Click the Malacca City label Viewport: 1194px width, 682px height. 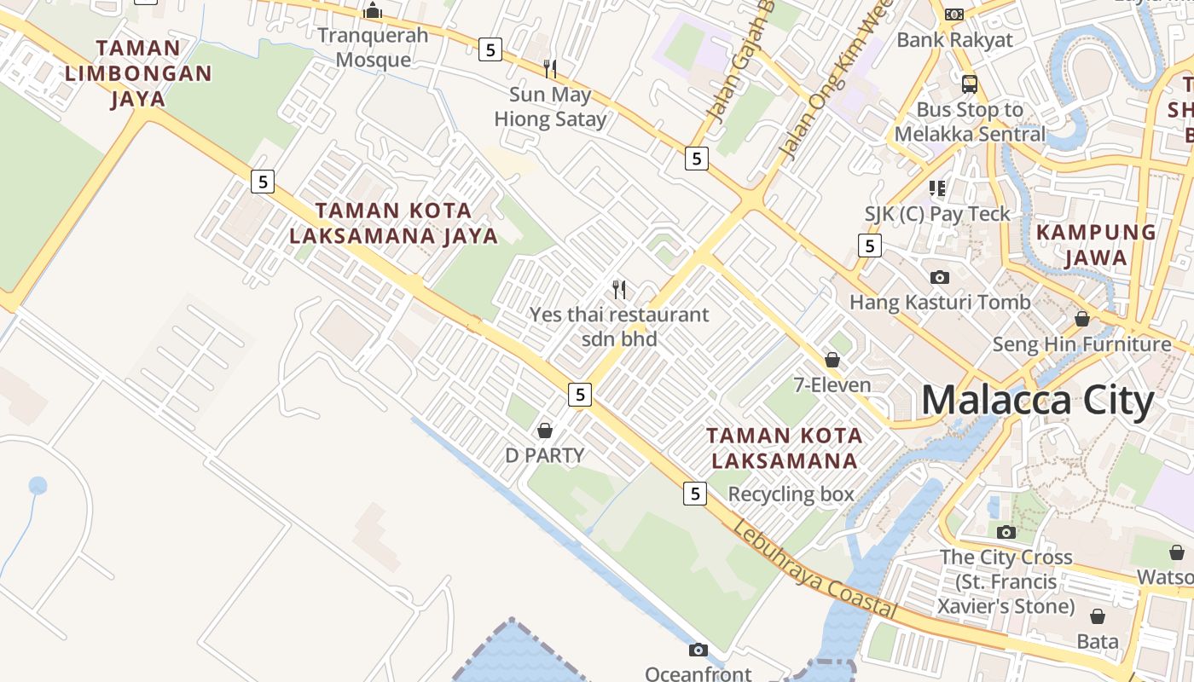point(1037,400)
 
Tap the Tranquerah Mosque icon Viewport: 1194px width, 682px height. point(373,10)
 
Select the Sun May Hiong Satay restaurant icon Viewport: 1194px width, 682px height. point(550,68)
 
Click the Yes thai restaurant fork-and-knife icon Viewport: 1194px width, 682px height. point(619,290)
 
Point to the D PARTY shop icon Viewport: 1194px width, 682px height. point(545,431)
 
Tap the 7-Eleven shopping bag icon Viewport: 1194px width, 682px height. point(832,360)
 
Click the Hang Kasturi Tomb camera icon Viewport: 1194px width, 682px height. point(940,277)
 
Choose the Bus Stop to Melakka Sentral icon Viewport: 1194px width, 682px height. point(970,84)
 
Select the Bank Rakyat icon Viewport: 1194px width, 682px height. point(954,14)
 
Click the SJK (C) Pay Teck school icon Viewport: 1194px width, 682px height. point(937,188)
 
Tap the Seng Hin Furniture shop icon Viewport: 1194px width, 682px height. point(1082,319)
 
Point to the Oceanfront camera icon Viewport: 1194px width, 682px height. point(698,650)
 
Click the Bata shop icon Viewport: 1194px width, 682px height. point(1098,616)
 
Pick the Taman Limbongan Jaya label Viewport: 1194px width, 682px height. point(138,73)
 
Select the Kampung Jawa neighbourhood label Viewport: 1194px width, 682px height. point(1096,245)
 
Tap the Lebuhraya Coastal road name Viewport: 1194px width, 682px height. point(814,569)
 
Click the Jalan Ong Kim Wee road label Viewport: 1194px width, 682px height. point(837,82)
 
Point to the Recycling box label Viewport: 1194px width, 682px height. point(791,494)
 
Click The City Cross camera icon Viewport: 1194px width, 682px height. point(1006,532)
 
